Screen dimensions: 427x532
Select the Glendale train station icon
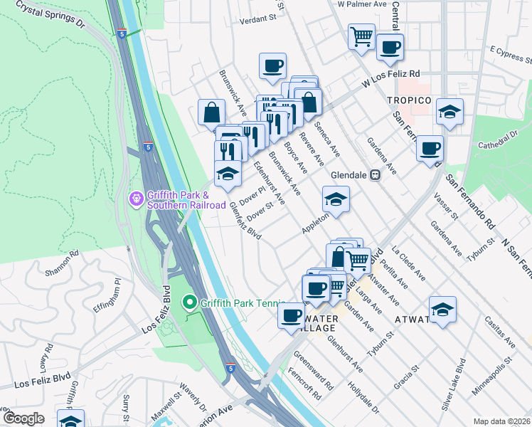375,174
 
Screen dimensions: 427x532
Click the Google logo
23,418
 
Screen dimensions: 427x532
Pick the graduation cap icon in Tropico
449,112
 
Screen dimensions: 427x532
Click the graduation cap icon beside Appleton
336,199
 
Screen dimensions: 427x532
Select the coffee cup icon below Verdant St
272,66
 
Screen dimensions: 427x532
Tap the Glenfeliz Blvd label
245,221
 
